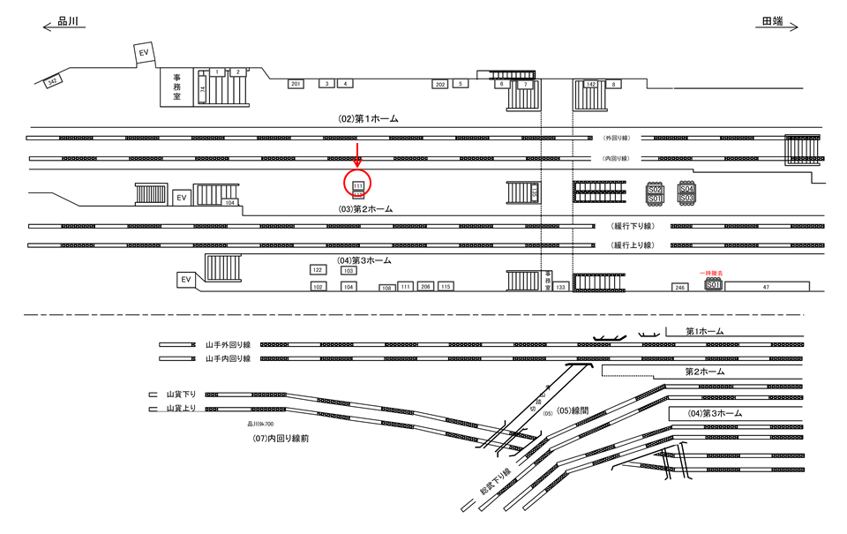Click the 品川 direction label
tap(69, 24)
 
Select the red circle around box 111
tap(357, 184)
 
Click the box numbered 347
tap(52, 81)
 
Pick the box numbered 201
tap(296, 84)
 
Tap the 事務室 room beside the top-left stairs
tap(176, 87)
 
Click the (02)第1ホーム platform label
tap(369, 118)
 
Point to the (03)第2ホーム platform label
tap(365, 209)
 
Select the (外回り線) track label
tap(615, 139)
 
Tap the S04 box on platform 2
tap(686, 189)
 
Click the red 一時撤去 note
tap(712, 274)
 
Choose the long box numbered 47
tap(766, 287)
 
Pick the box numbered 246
tap(679, 288)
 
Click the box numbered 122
tap(318, 270)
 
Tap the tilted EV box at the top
tap(144, 54)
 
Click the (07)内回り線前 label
tap(281, 438)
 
